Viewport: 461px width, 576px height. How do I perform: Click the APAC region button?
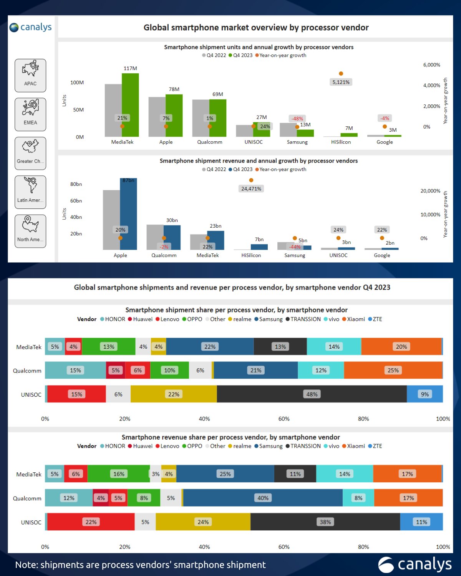pyautogui.click(x=30, y=76)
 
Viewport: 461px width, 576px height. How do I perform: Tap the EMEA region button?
pyautogui.click(x=30, y=114)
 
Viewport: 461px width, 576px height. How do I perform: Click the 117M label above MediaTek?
pyautogui.click(x=130, y=68)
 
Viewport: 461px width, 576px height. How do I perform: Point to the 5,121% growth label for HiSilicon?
pyautogui.click(x=341, y=82)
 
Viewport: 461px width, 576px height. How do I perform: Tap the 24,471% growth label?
pyautogui.click(x=251, y=189)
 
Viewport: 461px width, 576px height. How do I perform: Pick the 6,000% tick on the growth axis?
pyautogui.click(x=431, y=65)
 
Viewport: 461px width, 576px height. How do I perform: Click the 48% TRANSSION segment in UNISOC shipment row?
pyautogui.click(x=312, y=394)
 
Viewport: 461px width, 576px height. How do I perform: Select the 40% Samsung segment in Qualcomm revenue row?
pyautogui.click(x=263, y=498)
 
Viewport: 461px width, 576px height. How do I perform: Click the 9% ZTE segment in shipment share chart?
pyautogui.click(x=425, y=394)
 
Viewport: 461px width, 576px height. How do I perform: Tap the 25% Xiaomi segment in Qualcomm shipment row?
pyautogui.click(x=393, y=371)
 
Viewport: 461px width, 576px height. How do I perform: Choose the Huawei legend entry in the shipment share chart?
pyautogui.click(x=140, y=319)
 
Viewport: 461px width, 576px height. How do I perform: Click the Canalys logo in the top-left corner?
pyautogui.click(x=30, y=27)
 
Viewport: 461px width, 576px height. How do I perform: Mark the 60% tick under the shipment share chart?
pyautogui.click(x=284, y=419)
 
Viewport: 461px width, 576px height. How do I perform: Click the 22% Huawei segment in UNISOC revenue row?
pyautogui.click(x=91, y=522)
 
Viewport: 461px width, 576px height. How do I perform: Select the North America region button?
pyautogui.click(x=30, y=231)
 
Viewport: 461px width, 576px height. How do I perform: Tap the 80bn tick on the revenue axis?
pyautogui.click(x=76, y=184)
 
